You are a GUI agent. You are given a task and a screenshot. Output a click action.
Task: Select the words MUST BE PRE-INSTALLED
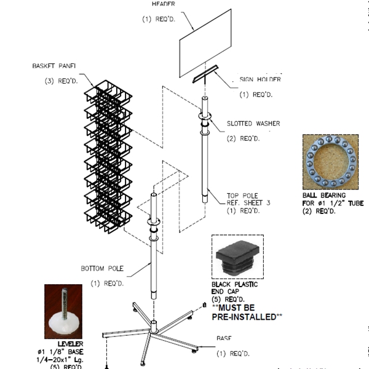click(x=247, y=312)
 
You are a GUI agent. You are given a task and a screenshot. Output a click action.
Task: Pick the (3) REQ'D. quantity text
click(x=62, y=81)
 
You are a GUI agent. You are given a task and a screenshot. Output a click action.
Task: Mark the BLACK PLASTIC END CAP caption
click(x=234, y=289)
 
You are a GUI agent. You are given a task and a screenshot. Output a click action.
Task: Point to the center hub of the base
click(x=153, y=325)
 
